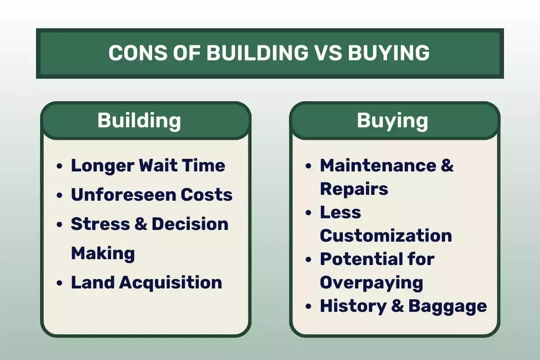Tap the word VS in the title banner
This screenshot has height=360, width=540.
click(329, 53)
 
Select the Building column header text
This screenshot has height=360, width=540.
click(139, 121)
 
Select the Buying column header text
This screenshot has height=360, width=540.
click(392, 121)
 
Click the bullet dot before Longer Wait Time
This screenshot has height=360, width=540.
click(60, 166)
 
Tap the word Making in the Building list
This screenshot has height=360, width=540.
click(103, 253)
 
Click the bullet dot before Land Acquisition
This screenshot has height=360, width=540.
click(60, 283)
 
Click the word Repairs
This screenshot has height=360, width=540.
click(354, 189)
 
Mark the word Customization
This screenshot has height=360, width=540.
click(386, 235)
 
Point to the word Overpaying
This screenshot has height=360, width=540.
click(371, 282)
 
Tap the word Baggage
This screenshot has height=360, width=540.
click(447, 306)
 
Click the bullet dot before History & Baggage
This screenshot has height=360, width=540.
click(308, 307)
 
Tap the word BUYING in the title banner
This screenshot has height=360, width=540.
click(389, 53)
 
